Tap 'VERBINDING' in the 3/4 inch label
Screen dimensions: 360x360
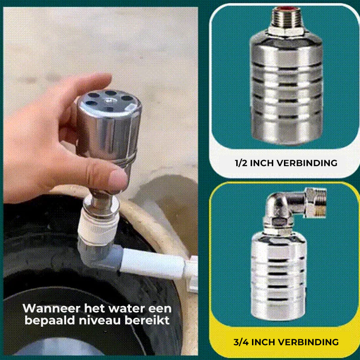pyautogui.click(x=310, y=342)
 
